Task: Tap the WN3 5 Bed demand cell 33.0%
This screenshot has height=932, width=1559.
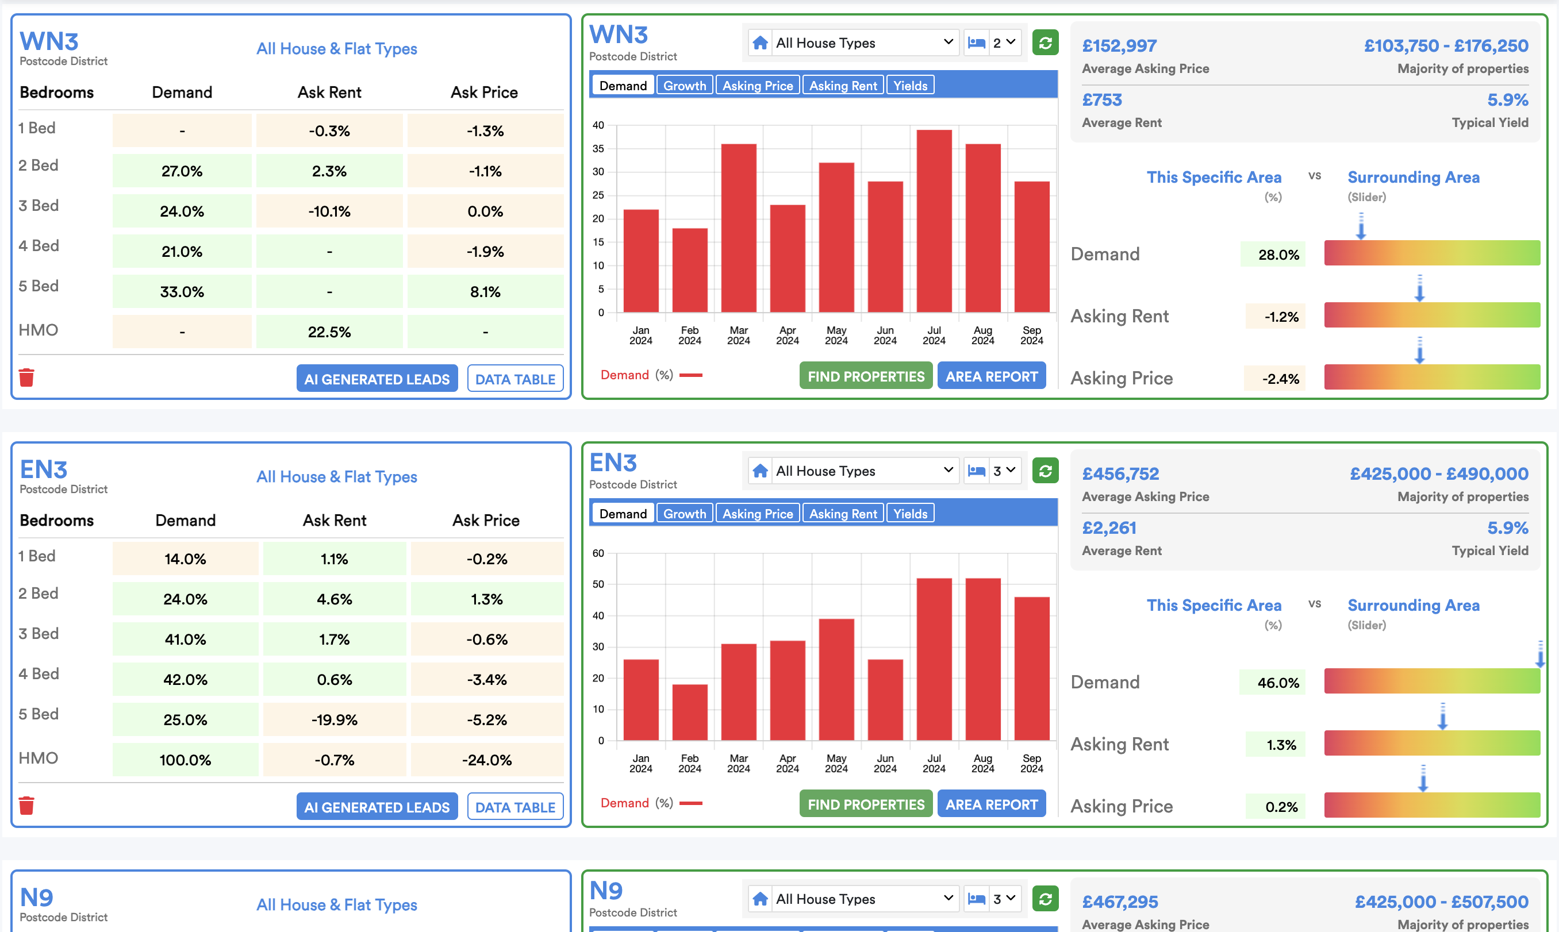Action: (x=182, y=292)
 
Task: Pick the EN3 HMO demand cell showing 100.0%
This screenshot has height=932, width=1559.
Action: (x=185, y=760)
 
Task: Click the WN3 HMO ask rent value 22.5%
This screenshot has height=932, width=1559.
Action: (x=329, y=332)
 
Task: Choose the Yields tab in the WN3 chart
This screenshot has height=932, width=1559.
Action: (x=909, y=86)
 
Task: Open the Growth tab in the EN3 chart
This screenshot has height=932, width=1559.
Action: (x=684, y=514)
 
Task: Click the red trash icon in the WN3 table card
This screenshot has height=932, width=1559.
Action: (x=26, y=378)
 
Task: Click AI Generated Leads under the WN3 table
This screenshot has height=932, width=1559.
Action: (x=377, y=379)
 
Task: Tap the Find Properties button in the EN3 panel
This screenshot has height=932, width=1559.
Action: (x=865, y=804)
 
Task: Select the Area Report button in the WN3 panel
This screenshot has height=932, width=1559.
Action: (x=990, y=376)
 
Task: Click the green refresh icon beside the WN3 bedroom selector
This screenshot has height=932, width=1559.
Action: (x=1045, y=43)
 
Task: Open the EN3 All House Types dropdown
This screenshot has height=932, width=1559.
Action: (x=853, y=471)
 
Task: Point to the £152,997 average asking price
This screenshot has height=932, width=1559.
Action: (x=1119, y=46)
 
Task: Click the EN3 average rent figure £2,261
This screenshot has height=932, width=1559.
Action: (x=1109, y=528)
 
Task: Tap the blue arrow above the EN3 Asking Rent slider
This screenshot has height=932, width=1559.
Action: (x=1442, y=717)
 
